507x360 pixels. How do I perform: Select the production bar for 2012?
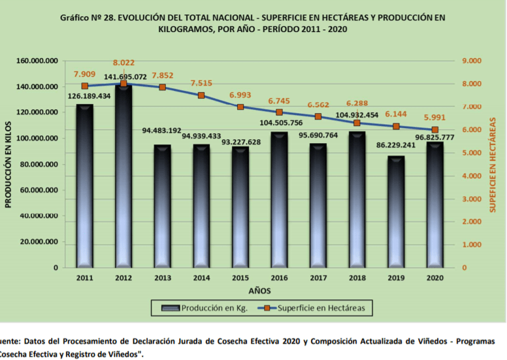[123, 176]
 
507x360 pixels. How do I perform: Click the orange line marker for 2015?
[240, 106]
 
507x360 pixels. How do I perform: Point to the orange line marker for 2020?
[435, 130]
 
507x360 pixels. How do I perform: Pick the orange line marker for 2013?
[163, 87]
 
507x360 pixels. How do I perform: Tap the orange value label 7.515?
[201, 83]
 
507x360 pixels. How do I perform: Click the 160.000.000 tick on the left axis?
[36, 61]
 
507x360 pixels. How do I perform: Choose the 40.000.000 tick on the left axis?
[39, 216]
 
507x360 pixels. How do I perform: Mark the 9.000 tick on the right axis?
[471, 61]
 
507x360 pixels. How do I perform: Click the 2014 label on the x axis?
[201, 278]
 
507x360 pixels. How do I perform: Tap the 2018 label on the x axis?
[357, 278]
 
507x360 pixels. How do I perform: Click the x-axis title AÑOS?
[259, 289]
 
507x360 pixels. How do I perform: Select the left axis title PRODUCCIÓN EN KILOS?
[9, 163]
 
